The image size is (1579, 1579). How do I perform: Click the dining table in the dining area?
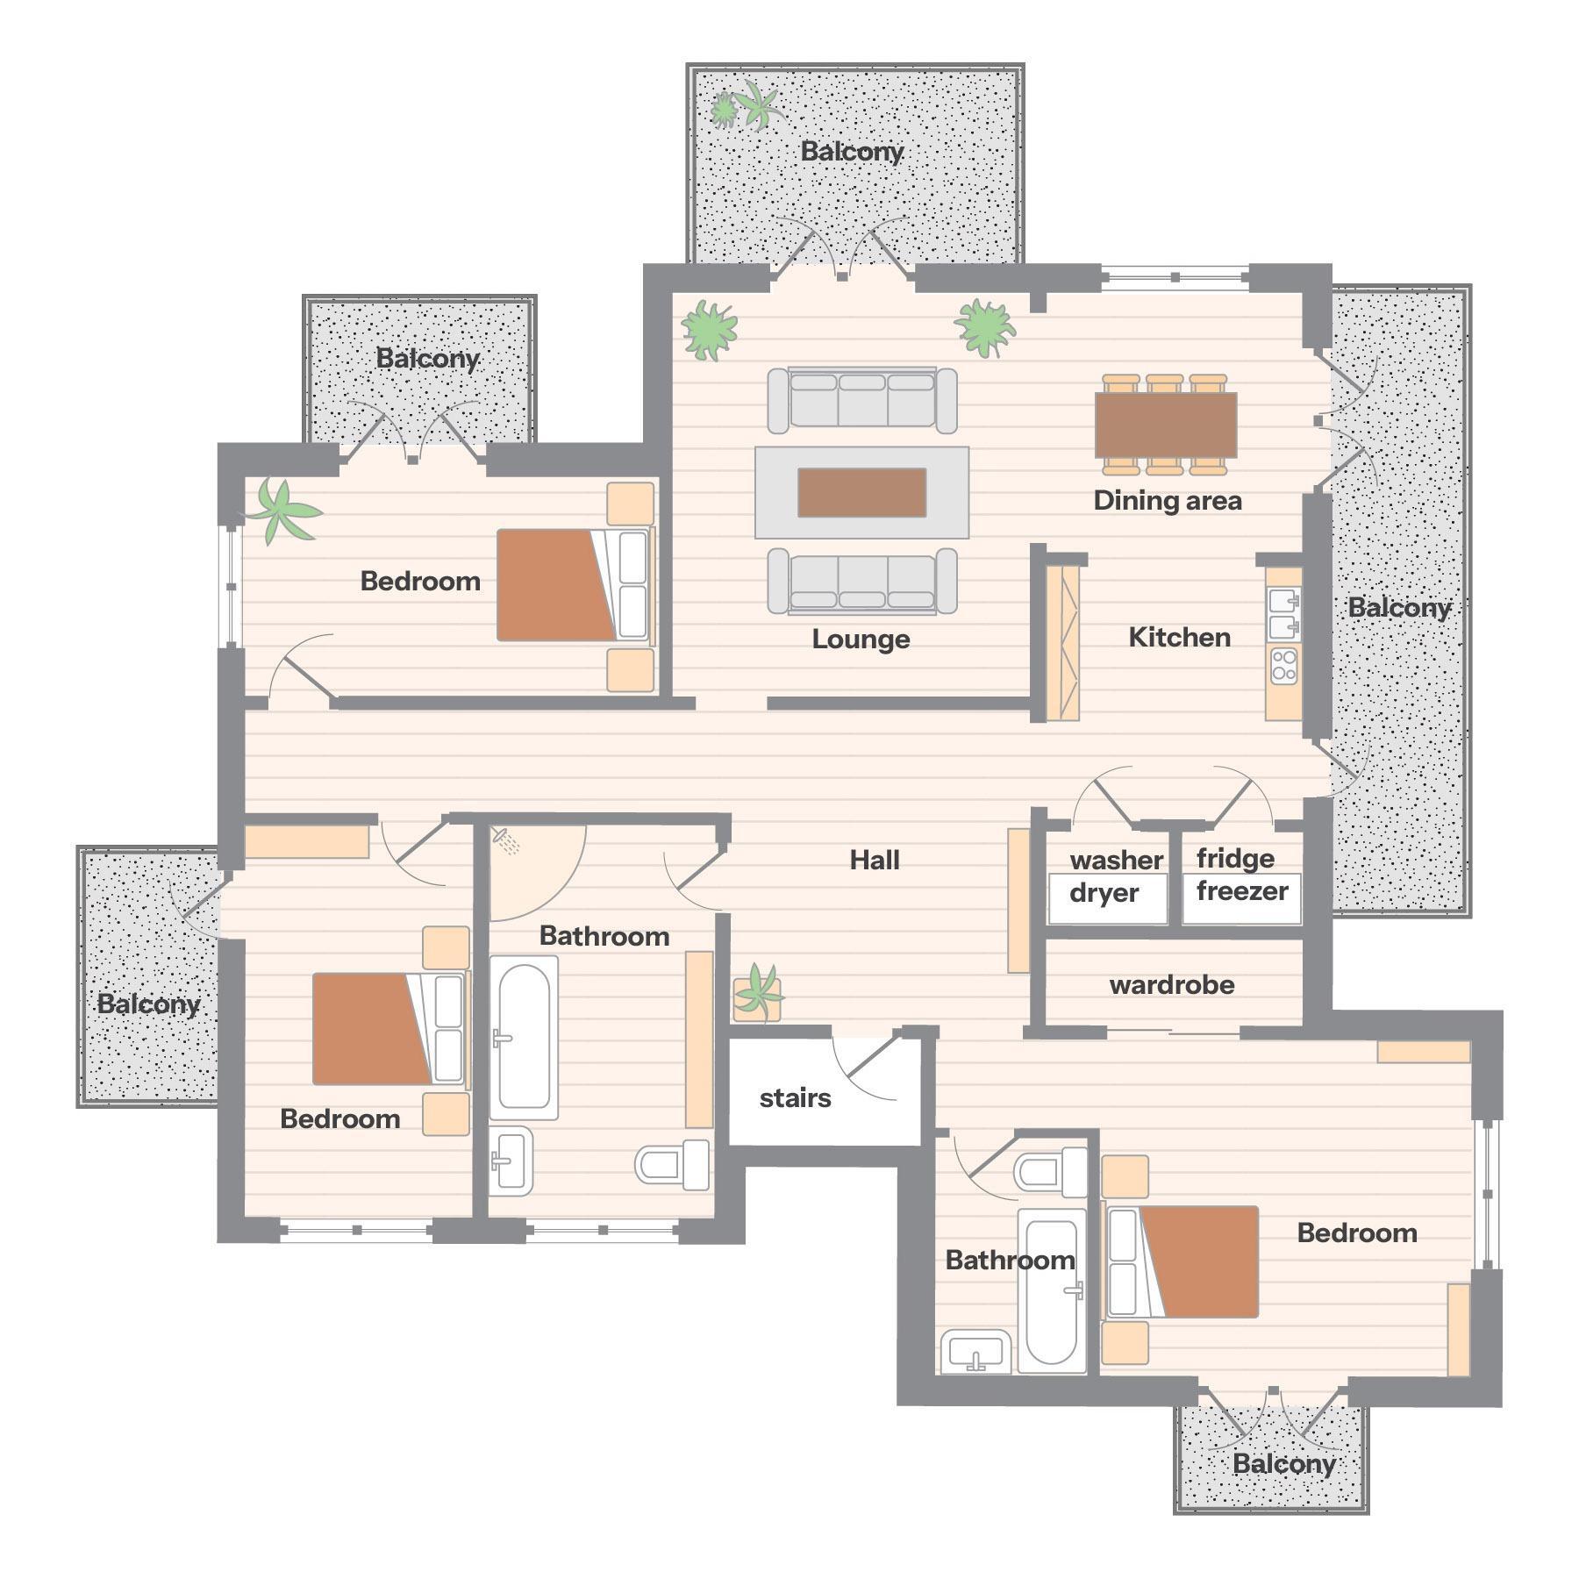coord(1166,425)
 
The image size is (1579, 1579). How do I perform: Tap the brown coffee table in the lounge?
coord(861,493)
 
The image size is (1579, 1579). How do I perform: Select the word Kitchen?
coord(1179,637)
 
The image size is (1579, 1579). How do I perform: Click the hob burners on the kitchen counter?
coord(1284,666)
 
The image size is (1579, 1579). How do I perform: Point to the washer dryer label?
coord(1111,876)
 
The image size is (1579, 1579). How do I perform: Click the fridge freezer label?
coord(1241,875)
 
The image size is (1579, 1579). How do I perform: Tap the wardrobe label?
coord(1172,985)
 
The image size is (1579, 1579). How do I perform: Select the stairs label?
coord(795,1097)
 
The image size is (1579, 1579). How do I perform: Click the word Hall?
coord(875,860)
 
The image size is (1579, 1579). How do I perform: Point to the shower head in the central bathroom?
coord(506,840)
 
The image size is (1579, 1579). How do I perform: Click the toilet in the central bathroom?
coord(673,1165)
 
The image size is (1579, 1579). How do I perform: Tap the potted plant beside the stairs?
coord(757,993)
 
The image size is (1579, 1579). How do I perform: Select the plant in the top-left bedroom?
coord(280,511)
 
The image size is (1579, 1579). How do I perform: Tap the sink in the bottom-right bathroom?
coord(975,1352)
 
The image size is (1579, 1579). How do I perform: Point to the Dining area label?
coord(1168,500)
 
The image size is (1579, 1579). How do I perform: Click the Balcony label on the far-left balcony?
coord(148,1004)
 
